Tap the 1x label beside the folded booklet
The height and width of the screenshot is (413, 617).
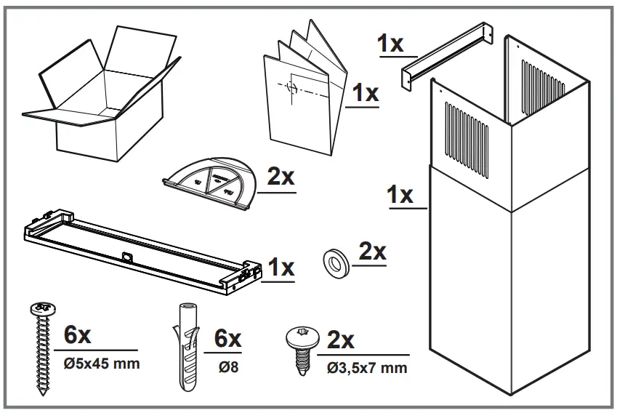tap(365, 93)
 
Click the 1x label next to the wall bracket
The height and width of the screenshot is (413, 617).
tap(391, 44)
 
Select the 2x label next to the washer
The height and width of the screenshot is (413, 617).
tap(373, 252)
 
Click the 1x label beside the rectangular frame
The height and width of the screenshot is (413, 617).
tap(281, 268)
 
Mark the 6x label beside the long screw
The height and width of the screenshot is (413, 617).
tap(78, 335)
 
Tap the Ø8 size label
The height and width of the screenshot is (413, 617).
tap(227, 367)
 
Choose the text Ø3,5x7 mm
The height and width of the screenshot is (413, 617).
tap(366, 367)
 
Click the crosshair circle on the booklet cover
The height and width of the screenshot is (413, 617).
tap(291, 88)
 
